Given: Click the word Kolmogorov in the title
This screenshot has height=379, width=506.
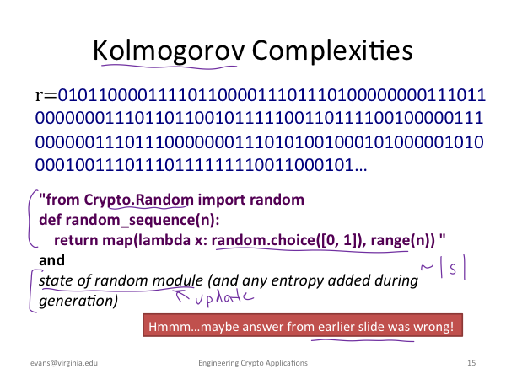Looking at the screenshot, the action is (x=170, y=51).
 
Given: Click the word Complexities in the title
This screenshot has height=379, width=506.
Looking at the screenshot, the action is (x=332, y=51).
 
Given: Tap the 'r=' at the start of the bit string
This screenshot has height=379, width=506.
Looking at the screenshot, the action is (x=46, y=95).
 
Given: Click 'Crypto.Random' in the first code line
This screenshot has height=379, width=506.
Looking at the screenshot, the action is (x=139, y=200).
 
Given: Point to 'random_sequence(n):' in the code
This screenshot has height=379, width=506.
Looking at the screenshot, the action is (x=143, y=220).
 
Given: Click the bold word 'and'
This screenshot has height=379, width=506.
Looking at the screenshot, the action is (x=51, y=260).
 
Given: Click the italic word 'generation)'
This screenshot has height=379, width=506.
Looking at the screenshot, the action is (x=78, y=301).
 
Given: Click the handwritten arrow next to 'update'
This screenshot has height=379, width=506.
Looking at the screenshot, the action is (x=182, y=295).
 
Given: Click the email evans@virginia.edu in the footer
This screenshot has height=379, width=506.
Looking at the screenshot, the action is (x=64, y=363).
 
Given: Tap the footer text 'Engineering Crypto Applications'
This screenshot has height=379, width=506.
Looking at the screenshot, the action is (x=253, y=363).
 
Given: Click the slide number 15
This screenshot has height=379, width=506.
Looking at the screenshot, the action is (x=471, y=363).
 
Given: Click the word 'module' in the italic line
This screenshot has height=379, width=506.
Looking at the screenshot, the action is (x=177, y=280).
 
